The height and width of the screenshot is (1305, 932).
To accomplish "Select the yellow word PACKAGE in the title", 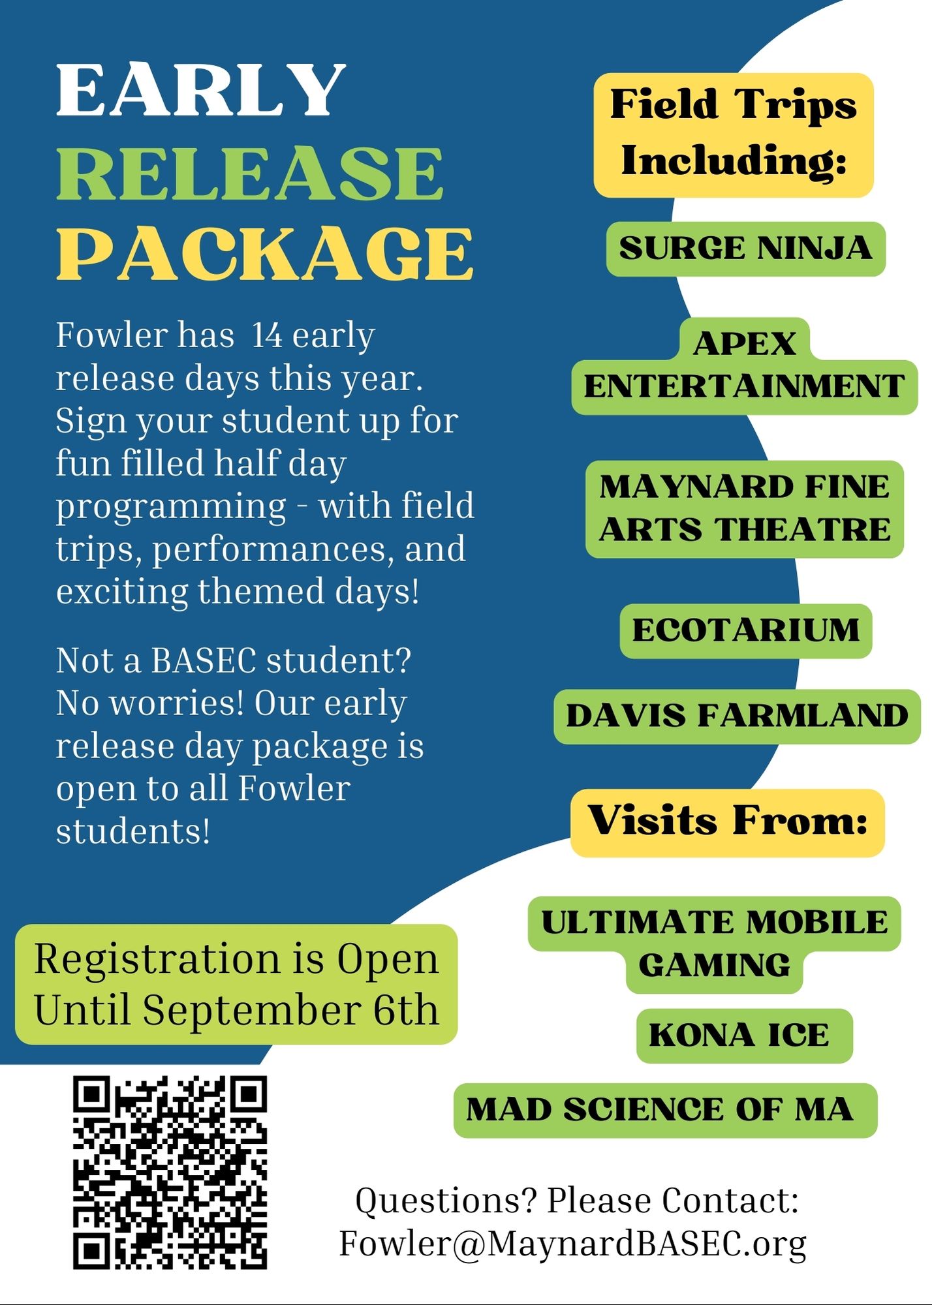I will (x=264, y=254).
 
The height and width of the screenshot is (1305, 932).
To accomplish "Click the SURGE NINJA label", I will (x=745, y=249).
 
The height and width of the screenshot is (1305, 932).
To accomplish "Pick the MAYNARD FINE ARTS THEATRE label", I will (x=744, y=508).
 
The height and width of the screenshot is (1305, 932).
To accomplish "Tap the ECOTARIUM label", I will (x=745, y=630).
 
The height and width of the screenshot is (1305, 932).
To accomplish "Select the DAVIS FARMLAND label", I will (x=737, y=716).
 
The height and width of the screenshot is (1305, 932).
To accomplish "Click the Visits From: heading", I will (x=727, y=821).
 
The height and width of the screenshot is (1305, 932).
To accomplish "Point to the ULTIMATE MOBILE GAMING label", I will (x=714, y=944).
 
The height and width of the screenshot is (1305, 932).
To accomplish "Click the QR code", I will (x=170, y=1172).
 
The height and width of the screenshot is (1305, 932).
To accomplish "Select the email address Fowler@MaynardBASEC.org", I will (x=572, y=1244).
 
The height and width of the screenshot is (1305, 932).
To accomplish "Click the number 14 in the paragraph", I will (x=267, y=335).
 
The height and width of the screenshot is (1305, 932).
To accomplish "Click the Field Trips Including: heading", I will (x=733, y=134).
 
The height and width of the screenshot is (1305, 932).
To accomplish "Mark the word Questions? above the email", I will (x=446, y=1201).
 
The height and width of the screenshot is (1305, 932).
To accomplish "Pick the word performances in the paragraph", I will (x=272, y=549).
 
